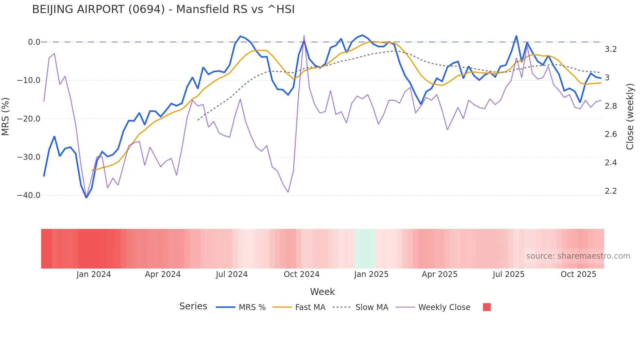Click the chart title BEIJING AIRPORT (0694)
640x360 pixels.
pos(163,9)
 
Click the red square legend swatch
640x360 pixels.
pos(487,307)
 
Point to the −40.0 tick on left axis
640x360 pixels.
pos(29,195)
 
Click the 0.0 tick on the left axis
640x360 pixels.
pos(34,42)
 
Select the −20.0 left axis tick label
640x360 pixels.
pos(29,119)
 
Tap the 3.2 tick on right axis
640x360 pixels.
pos(611,49)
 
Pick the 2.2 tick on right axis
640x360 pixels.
pos(611,191)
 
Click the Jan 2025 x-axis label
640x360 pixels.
pos(371,274)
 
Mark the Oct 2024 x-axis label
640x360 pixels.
pos(301,274)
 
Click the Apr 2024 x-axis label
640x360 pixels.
pos(163,274)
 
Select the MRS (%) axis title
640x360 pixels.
pos(6,117)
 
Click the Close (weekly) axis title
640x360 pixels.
pos(630,117)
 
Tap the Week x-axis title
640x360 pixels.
pos(322,292)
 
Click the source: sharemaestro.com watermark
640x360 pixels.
pos(578,256)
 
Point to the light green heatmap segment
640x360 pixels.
pos(365,249)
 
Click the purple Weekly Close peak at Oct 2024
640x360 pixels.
pos(304,36)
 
